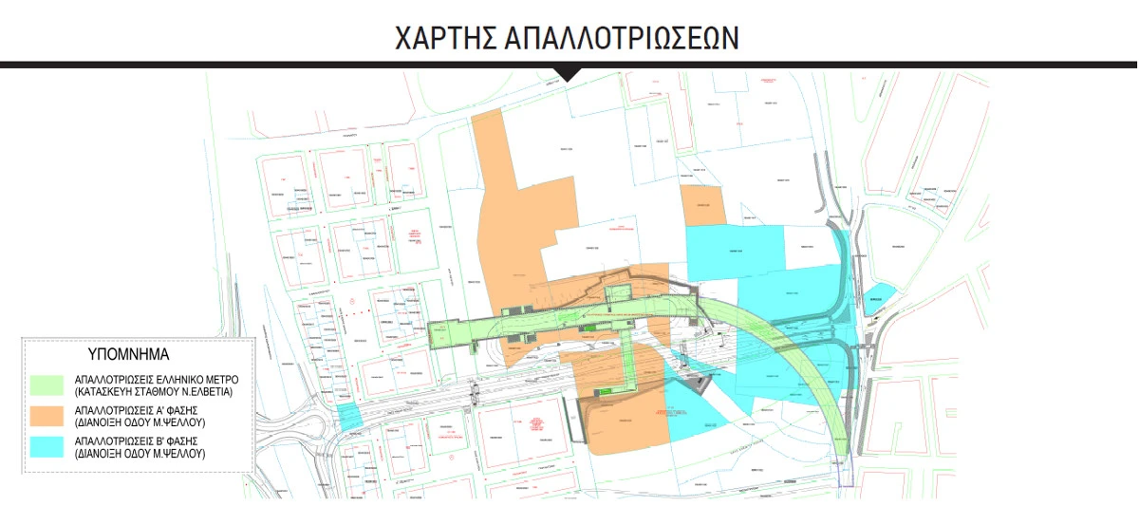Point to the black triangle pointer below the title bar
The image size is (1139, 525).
(x=569, y=74)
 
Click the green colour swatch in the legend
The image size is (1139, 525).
(x=48, y=384)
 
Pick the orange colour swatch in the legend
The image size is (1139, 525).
(x=48, y=418)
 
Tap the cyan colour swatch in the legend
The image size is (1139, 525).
(x=48, y=449)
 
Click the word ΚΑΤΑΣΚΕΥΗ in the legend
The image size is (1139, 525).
(x=105, y=390)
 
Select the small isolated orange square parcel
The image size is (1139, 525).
(x=701, y=205)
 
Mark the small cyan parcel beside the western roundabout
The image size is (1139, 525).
(x=348, y=416)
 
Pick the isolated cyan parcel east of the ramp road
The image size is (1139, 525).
(x=881, y=296)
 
